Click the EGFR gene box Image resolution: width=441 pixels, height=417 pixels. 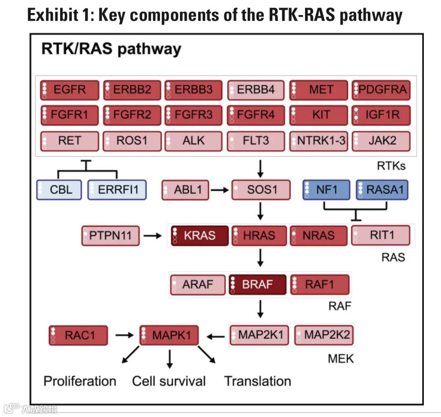(69, 90)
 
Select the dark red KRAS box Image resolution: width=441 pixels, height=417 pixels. (199, 235)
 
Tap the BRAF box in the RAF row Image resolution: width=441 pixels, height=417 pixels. (257, 284)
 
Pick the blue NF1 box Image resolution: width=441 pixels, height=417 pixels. (326, 190)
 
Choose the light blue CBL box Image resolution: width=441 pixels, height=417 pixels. (59, 190)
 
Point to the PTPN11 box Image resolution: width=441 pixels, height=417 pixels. (110, 235)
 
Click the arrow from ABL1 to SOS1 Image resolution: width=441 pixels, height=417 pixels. (219, 190)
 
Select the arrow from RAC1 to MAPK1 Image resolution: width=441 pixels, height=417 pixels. (124, 335)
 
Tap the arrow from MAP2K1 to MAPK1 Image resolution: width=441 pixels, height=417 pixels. (216, 336)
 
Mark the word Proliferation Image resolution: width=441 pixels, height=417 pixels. (80, 381)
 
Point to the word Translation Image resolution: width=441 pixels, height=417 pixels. (258, 381)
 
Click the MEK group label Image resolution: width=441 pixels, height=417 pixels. (341, 359)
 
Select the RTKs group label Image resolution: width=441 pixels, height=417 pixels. (391, 166)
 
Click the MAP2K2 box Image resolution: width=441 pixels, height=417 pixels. (324, 335)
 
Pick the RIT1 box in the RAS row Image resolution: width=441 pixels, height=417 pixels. (380, 235)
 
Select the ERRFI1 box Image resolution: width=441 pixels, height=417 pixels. (117, 190)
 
